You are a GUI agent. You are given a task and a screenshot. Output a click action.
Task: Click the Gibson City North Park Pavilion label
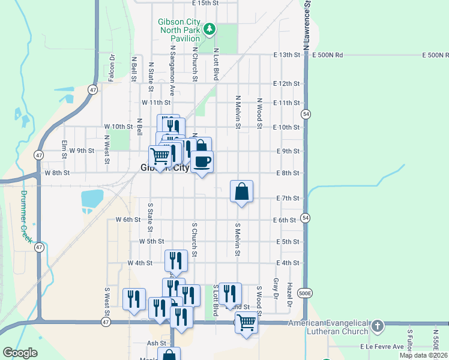(x=178, y=30)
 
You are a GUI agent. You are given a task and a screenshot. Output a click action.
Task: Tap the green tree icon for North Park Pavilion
(x=209, y=28)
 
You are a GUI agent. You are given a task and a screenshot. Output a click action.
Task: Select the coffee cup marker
(x=202, y=161)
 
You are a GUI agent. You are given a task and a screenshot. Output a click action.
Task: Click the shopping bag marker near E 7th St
(x=241, y=191)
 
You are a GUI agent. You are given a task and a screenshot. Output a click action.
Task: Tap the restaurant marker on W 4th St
(x=176, y=260)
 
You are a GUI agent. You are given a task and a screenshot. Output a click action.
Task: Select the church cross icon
(x=377, y=326)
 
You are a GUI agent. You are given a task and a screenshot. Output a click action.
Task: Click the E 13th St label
(x=286, y=55)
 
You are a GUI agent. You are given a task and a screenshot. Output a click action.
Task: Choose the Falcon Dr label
(x=112, y=68)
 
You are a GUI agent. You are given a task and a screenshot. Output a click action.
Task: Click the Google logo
(x=20, y=353)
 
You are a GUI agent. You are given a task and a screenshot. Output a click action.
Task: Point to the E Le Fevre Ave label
(x=382, y=347)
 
